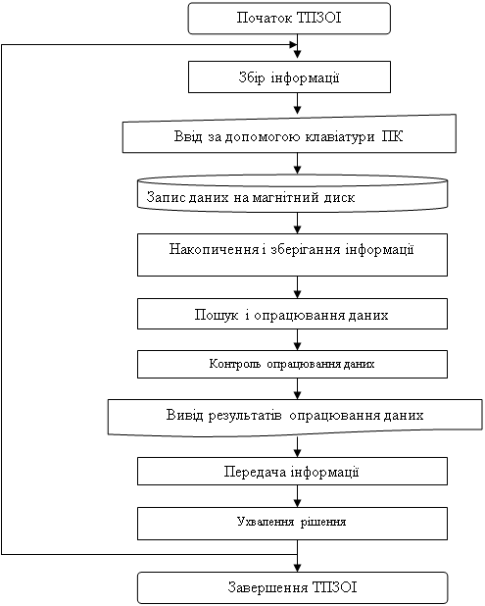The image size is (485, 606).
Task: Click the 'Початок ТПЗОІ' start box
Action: [x=289, y=19]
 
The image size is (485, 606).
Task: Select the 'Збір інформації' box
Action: [x=289, y=76]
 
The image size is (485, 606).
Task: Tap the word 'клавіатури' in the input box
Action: [x=340, y=137]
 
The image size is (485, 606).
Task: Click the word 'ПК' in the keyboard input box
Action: [x=392, y=136]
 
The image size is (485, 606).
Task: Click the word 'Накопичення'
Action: [x=214, y=249]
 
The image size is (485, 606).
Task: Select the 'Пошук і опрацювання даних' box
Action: [x=292, y=314]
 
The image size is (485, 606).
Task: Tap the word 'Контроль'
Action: [x=235, y=364]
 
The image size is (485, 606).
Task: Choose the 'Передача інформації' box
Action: [x=292, y=471]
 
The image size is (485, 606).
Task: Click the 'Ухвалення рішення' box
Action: [x=292, y=524]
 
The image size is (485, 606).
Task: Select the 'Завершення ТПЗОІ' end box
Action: [x=292, y=587]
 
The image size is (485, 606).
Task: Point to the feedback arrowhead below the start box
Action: [x=293, y=45]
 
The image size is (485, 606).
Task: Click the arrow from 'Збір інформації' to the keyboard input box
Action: [x=297, y=104]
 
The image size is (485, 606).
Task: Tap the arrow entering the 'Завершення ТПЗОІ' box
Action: [x=297, y=556]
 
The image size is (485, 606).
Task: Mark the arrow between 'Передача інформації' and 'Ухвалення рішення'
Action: [x=297, y=496]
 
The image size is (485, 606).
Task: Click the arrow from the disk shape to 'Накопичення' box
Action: [x=297, y=223]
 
